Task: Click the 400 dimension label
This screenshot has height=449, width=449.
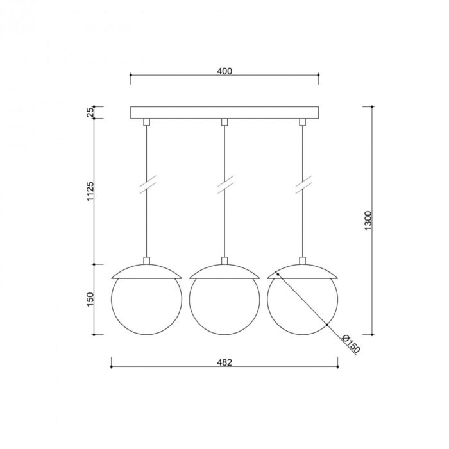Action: click(224, 71)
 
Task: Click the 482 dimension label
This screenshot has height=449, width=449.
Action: click(224, 362)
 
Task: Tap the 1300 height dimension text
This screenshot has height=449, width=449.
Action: click(368, 221)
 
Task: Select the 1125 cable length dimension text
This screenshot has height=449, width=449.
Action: click(90, 191)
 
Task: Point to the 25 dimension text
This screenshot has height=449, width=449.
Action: click(90, 112)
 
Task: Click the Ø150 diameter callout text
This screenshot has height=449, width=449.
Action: click(351, 344)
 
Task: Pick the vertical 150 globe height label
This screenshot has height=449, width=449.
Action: click(90, 300)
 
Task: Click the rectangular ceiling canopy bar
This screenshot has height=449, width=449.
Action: click(224, 112)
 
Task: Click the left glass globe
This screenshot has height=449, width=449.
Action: click(111, 300)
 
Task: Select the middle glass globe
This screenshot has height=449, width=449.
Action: click(190, 300)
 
